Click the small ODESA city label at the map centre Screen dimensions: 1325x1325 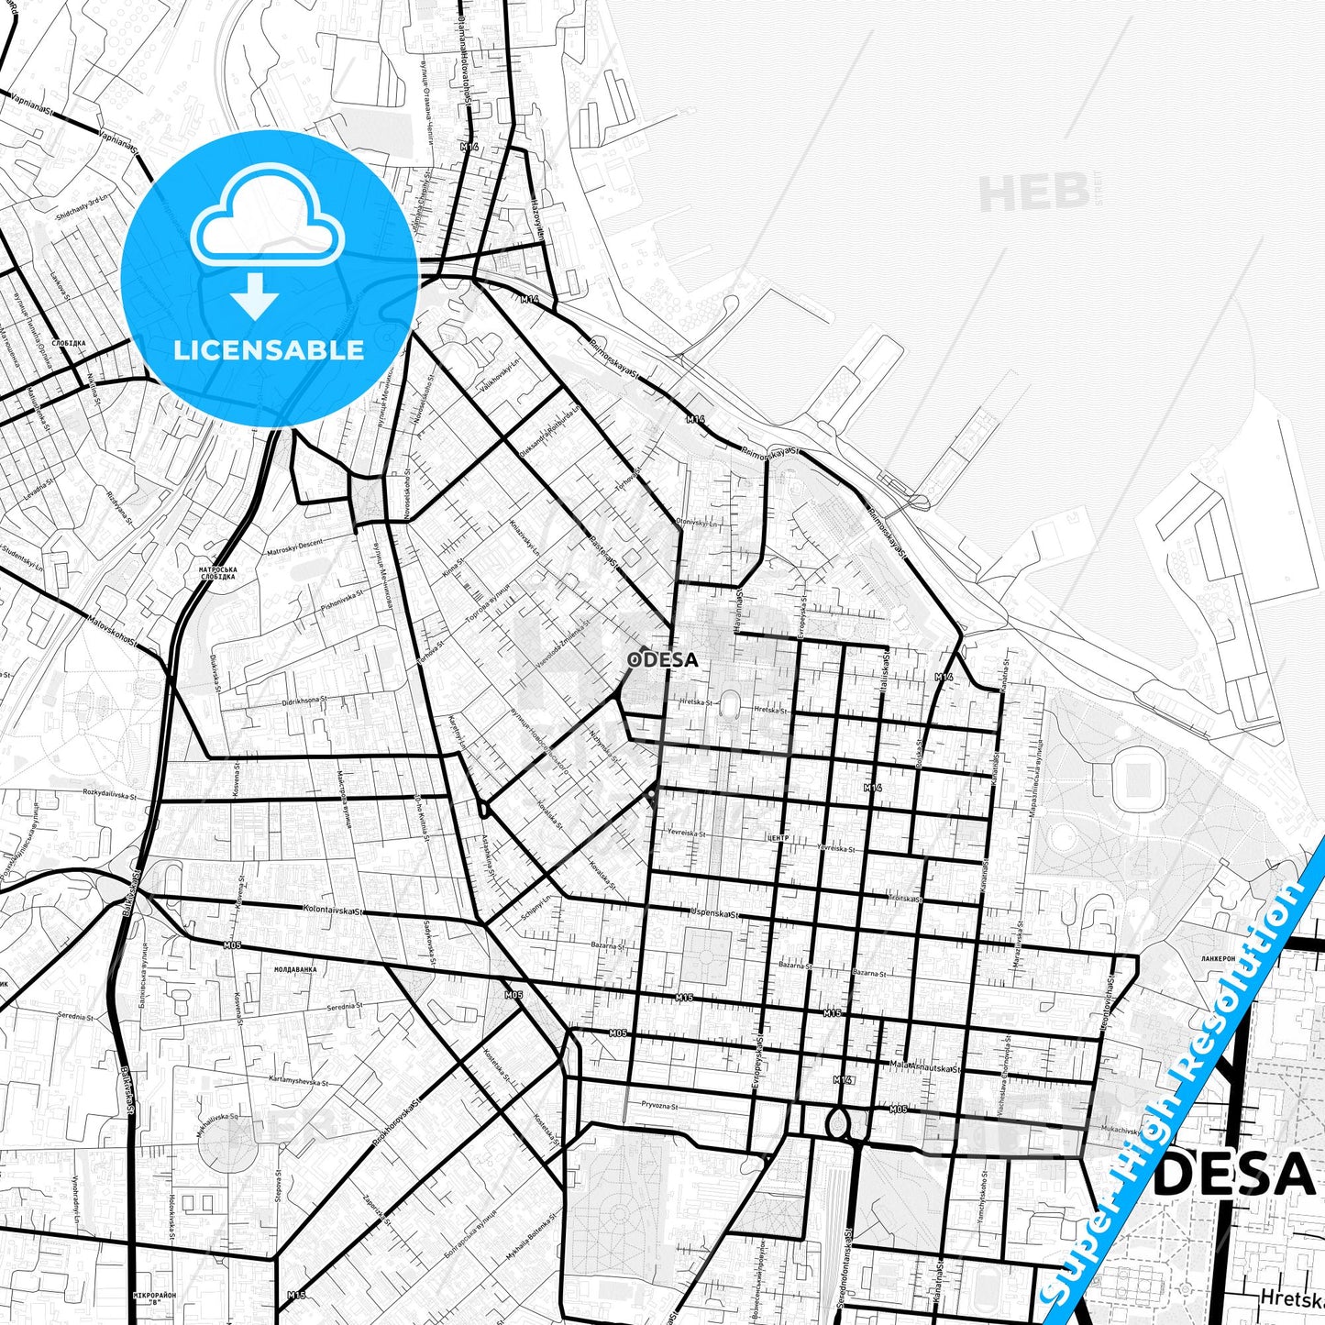tap(663, 659)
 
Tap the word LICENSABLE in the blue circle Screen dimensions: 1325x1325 tap(269, 350)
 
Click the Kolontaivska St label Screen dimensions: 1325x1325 tap(334, 911)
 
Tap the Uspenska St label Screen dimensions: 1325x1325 tap(715, 913)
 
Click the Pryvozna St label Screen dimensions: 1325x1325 tap(659, 1106)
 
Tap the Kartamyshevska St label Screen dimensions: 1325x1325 tap(299, 1082)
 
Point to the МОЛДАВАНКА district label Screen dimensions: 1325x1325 tap(295, 968)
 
